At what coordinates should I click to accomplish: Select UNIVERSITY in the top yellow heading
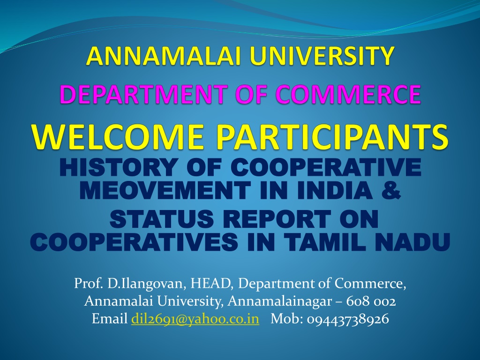click(322, 56)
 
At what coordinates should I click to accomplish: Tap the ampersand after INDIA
click(391, 190)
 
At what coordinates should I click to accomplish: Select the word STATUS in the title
click(162, 219)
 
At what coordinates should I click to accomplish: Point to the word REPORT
click(277, 219)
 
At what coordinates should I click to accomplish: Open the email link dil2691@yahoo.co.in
click(195, 319)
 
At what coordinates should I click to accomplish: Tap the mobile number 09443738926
click(348, 319)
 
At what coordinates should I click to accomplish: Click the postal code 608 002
click(371, 301)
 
